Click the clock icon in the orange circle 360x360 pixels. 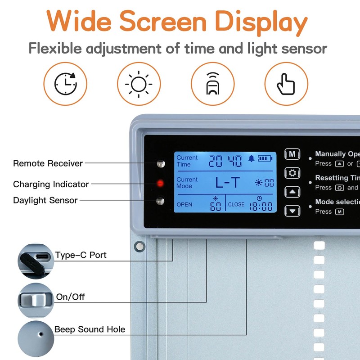point(65,84)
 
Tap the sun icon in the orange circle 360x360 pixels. point(139,84)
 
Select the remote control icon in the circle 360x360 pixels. point(212,84)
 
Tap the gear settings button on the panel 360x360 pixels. point(292,173)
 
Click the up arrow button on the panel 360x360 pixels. point(292,192)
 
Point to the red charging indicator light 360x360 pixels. point(159,183)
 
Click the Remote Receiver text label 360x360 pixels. point(48,163)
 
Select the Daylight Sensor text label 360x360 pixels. point(45,200)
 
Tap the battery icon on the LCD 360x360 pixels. point(265,159)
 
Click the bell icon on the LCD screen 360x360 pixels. point(251,159)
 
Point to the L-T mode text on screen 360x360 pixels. point(228,182)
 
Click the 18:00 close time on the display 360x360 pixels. point(261,207)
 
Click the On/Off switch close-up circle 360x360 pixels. point(36,299)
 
